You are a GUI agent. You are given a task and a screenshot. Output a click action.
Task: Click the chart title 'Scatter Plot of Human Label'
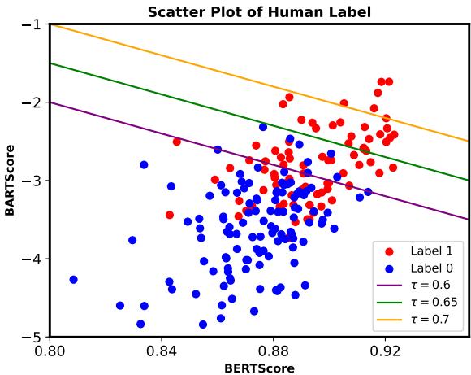tap(259, 11)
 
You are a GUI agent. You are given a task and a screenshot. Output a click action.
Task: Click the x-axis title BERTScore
tap(259, 368)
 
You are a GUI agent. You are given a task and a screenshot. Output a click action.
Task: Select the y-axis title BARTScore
tap(10, 181)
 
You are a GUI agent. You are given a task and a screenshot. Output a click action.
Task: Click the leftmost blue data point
tap(73, 279)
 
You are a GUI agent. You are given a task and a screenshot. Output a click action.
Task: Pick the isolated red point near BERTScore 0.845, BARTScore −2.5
tap(176, 142)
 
